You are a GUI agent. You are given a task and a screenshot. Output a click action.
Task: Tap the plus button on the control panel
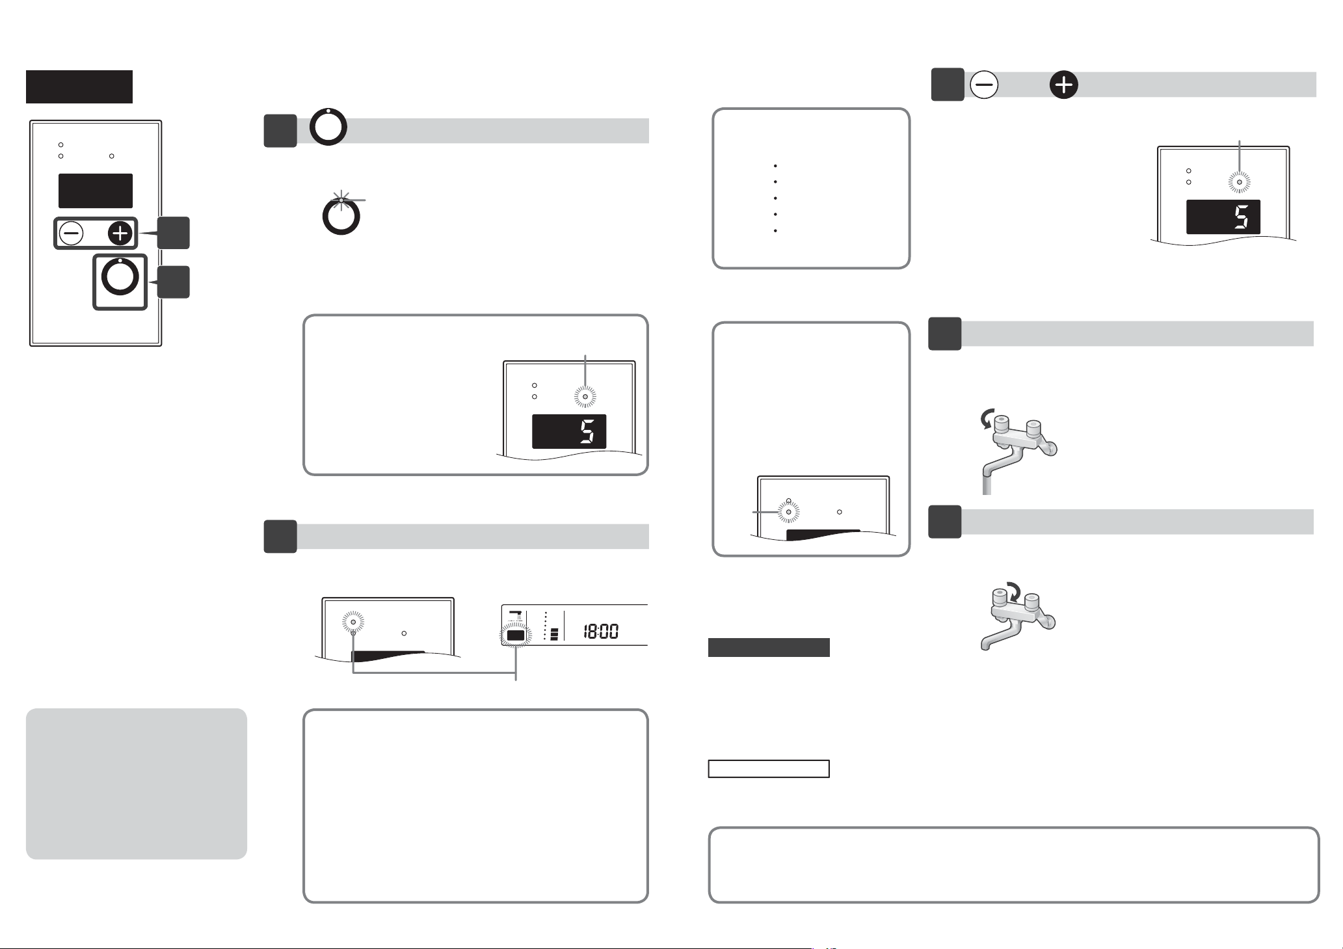click(x=120, y=233)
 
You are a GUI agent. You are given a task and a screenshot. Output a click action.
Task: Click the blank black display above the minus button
click(x=96, y=191)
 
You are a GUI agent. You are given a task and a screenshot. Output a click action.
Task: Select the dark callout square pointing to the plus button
click(x=174, y=233)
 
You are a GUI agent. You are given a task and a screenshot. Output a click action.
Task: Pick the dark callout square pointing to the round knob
click(x=174, y=282)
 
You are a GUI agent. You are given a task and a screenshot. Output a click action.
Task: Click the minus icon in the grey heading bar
click(x=984, y=85)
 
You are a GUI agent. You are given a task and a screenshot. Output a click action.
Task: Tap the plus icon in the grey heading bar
click(x=1063, y=85)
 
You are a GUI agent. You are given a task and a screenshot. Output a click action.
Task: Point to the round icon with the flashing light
click(x=341, y=215)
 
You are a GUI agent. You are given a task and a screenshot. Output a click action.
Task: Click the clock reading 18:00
click(x=600, y=631)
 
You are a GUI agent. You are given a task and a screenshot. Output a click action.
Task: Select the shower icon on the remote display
click(x=516, y=615)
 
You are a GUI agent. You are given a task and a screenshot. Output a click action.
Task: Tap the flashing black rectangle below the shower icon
click(x=516, y=635)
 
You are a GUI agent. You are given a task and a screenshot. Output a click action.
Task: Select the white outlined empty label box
click(x=769, y=769)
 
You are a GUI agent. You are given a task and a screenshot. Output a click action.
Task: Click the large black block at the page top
click(x=79, y=87)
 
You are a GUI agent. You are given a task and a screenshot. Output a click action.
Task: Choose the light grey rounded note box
click(x=137, y=784)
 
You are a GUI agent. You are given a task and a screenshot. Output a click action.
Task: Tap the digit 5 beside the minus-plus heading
click(x=1241, y=217)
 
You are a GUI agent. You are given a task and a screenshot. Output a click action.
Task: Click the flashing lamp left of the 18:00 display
click(x=353, y=622)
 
